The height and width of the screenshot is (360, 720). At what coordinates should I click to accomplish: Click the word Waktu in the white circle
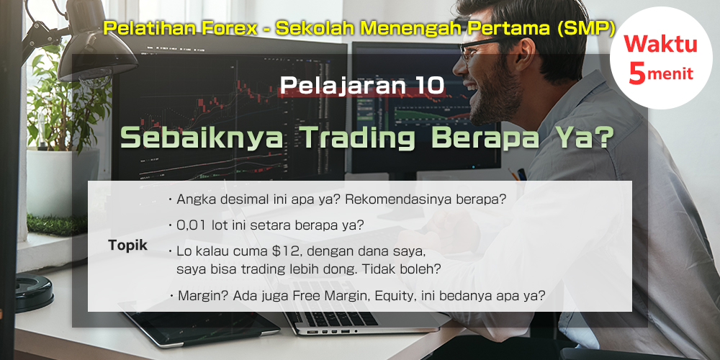(660, 45)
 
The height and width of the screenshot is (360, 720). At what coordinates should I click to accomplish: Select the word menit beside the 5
(670, 73)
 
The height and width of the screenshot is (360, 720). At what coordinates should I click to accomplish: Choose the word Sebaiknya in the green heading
(202, 138)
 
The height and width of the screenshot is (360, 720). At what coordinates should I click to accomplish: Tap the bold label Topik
(127, 246)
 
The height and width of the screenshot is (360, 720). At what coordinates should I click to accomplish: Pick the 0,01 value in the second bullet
(192, 225)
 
